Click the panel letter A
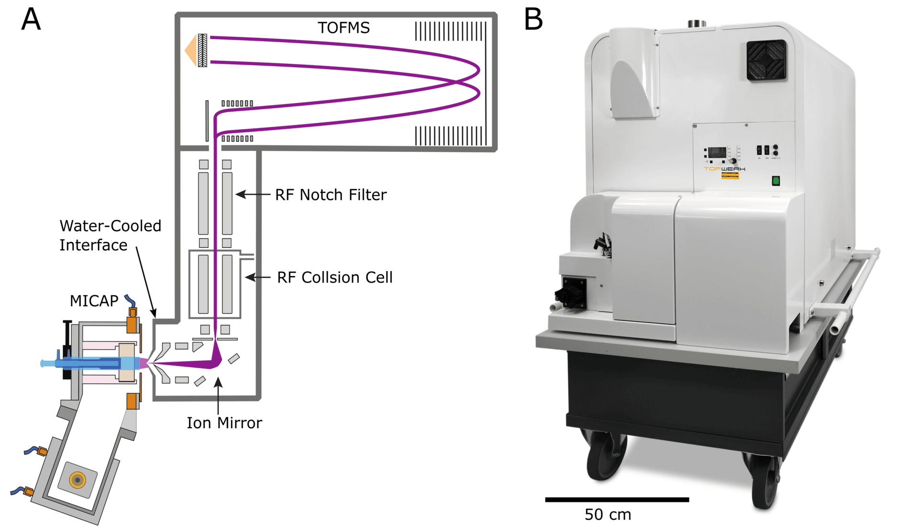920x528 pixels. point(31,20)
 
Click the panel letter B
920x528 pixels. point(533,20)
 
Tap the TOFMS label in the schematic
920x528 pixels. point(344,28)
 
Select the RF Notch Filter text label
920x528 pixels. point(331,195)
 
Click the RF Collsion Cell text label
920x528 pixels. point(334,277)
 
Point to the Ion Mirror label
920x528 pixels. point(224,423)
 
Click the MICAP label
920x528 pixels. point(94,301)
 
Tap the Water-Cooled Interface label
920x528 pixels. point(110,235)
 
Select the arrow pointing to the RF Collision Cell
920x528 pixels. point(258,277)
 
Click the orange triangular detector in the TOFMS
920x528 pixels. point(191,50)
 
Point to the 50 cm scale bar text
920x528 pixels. point(608,515)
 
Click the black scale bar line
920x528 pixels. point(617,500)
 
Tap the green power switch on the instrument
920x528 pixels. point(776,181)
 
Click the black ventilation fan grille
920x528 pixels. point(767,60)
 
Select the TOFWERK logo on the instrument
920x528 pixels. point(724,169)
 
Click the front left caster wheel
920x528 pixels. point(605,456)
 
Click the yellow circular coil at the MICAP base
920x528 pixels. point(77,480)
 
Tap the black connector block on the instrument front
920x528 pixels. point(572,292)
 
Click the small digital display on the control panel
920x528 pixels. point(717,153)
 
